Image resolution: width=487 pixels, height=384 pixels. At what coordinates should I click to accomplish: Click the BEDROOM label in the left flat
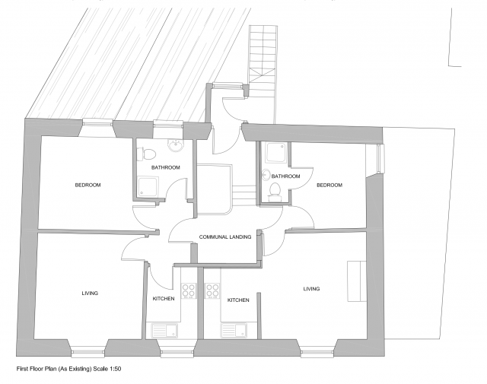click(x=88, y=185)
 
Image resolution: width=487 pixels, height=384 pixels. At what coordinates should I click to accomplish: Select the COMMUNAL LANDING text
click(x=225, y=237)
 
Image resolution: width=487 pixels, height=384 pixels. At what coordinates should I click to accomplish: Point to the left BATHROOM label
click(x=166, y=167)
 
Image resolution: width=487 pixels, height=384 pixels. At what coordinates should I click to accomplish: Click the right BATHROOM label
click(x=285, y=176)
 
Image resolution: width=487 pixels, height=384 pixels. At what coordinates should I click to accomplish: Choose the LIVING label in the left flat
click(x=90, y=293)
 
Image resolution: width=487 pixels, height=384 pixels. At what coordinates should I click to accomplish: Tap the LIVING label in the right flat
click(x=311, y=288)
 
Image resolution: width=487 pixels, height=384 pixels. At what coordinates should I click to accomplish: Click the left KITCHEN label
click(x=164, y=299)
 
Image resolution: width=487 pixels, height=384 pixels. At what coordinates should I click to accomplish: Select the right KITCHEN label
click(x=238, y=300)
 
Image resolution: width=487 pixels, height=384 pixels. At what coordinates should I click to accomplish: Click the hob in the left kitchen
click(x=189, y=290)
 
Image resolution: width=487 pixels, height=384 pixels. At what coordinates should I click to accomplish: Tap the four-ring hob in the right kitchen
click(x=212, y=290)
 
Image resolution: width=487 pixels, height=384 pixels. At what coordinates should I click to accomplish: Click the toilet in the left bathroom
click(x=141, y=154)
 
